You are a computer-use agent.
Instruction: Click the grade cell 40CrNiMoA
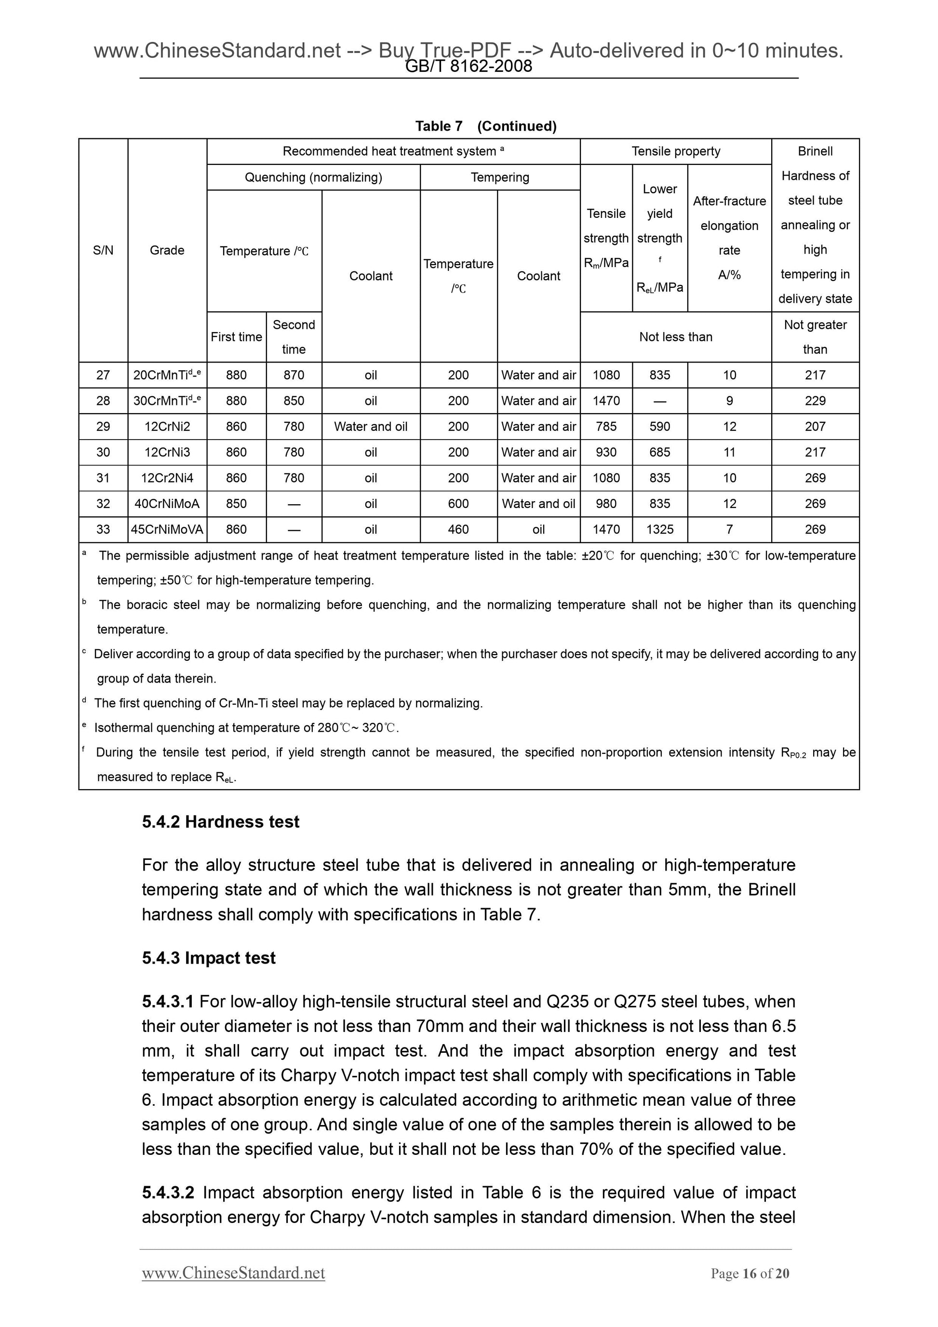(x=167, y=503)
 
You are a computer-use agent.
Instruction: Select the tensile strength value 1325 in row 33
(x=659, y=529)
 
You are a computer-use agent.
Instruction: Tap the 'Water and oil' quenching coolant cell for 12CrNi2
(x=371, y=427)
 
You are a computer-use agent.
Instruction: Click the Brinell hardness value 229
(x=815, y=401)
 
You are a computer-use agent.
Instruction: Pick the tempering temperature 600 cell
(x=458, y=503)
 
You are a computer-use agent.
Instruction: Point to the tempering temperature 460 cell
(x=458, y=529)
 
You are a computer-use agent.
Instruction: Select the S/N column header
(x=103, y=250)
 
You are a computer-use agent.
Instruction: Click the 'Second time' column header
(x=294, y=337)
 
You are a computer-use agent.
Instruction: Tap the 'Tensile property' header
(x=676, y=151)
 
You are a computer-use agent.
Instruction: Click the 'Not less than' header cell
(x=676, y=337)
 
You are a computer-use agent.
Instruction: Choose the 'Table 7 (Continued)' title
(x=485, y=126)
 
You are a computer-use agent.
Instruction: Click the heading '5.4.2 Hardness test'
(x=221, y=822)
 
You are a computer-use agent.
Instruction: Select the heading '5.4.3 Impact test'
(x=209, y=958)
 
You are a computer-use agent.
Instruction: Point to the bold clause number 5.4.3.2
(x=168, y=1193)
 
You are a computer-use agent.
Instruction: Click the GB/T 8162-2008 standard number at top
(x=469, y=67)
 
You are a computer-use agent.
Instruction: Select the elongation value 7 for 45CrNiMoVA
(x=729, y=529)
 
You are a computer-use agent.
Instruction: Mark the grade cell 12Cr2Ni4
(x=167, y=478)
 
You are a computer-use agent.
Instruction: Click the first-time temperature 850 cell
(x=236, y=503)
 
